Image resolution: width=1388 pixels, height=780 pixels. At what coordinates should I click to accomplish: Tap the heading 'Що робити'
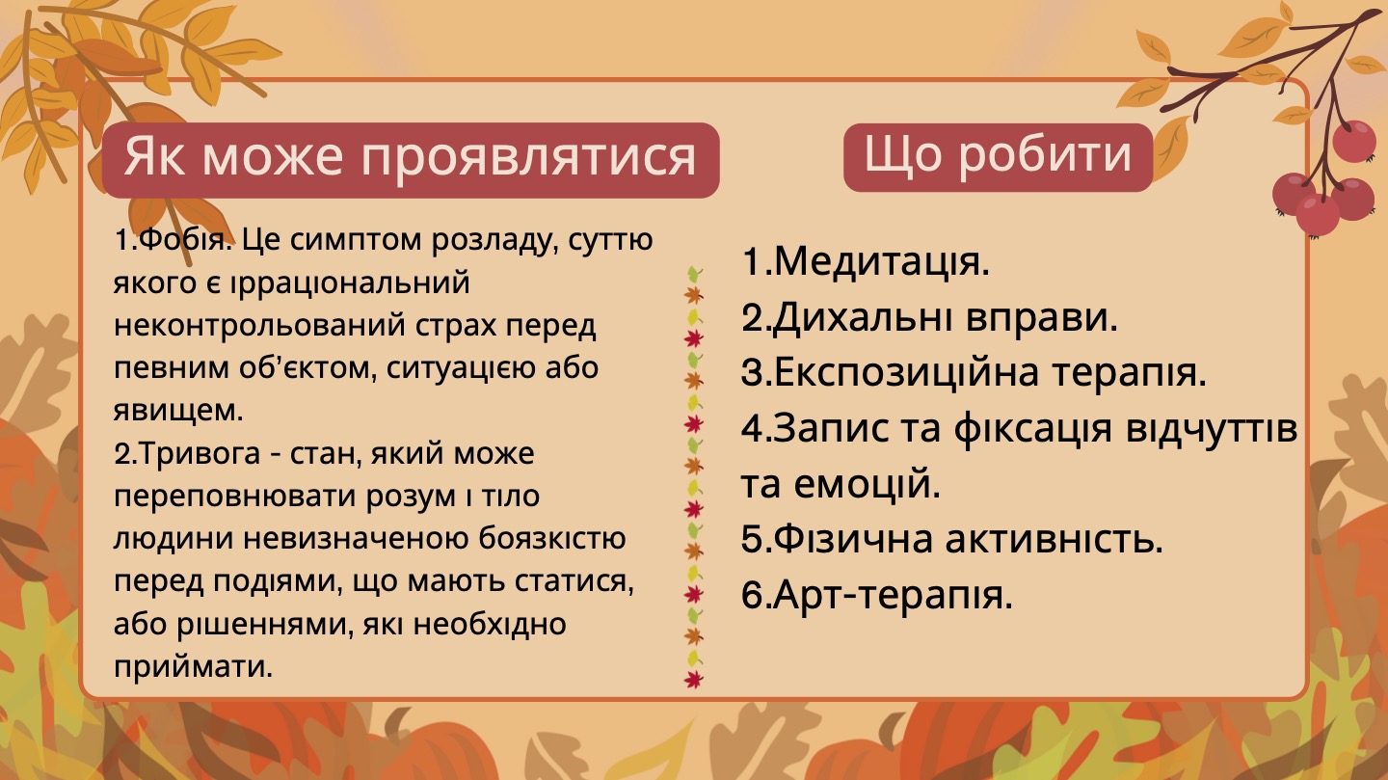(998, 155)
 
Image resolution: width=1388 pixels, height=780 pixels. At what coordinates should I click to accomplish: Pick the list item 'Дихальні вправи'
(929, 317)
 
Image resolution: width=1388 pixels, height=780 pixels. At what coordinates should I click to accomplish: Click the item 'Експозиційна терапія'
(974, 372)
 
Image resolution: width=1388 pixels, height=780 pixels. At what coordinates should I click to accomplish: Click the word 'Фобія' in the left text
(182, 240)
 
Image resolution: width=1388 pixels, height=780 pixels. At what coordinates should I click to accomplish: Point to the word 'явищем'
(176, 411)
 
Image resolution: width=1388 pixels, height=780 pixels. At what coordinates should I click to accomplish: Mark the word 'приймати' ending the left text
(192, 666)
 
